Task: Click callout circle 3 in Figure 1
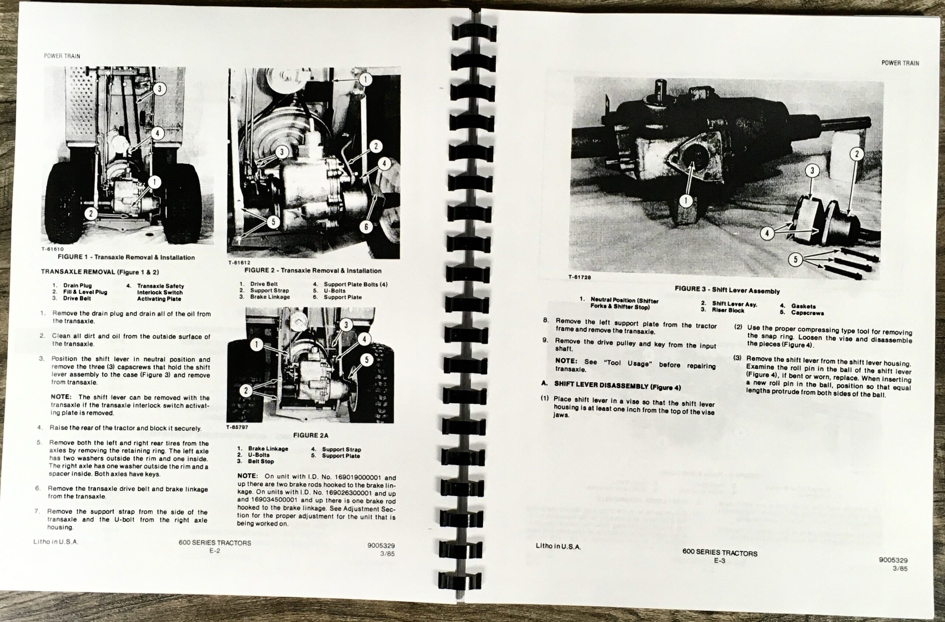[x=159, y=88]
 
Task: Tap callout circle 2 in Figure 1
[x=91, y=214]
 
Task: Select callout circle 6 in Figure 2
[x=366, y=227]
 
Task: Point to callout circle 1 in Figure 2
[x=365, y=79]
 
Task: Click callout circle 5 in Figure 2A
[x=367, y=360]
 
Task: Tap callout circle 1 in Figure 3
[x=685, y=201]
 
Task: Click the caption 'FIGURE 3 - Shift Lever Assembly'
[x=727, y=290]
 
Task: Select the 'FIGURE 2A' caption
[x=310, y=435]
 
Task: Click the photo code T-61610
[x=52, y=249]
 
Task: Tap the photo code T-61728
[x=579, y=277]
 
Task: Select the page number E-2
[x=215, y=551]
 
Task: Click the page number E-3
[x=719, y=561]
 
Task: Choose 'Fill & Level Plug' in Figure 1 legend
[x=85, y=292]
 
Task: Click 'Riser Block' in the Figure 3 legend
[x=728, y=310]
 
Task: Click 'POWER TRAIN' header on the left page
[x=62, y=56]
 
